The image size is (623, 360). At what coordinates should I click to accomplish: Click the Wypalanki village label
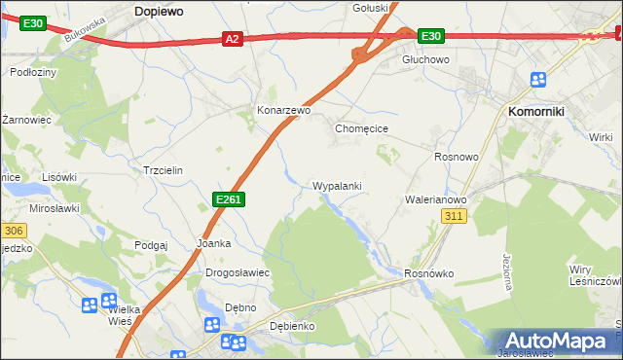(338, 185)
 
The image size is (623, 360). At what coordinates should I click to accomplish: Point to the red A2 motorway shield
(231, 39)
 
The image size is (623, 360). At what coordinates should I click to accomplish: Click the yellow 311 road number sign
(453, 216)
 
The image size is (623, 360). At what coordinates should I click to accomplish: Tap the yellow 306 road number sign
(13, 231)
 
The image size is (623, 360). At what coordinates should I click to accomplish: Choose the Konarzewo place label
(282, 111)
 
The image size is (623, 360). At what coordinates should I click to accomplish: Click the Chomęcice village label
(361, 128)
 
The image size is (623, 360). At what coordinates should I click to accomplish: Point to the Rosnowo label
(457, 157)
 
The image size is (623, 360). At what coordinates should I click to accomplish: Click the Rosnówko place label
(429, 273)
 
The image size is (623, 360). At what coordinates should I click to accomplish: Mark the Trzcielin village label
(163, 169)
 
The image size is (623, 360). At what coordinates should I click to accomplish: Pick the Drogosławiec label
(237, 272)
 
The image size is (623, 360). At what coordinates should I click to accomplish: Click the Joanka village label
(213, 243)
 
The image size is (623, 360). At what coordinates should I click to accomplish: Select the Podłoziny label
(32, 72)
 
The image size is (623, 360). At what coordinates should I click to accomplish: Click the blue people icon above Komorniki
(538, 80)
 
